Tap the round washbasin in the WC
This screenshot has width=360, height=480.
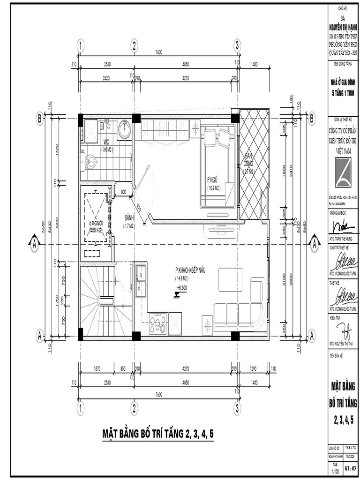(x=124, y=129)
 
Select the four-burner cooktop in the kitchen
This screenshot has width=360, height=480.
(x=157, y=322)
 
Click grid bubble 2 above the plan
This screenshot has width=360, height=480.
(x=134, y=45)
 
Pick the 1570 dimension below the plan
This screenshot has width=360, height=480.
(x=97, y=368)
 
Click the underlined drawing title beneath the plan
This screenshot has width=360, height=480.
(x=158, y=434)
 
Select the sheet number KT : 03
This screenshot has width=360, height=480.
(x=351, y=467)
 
